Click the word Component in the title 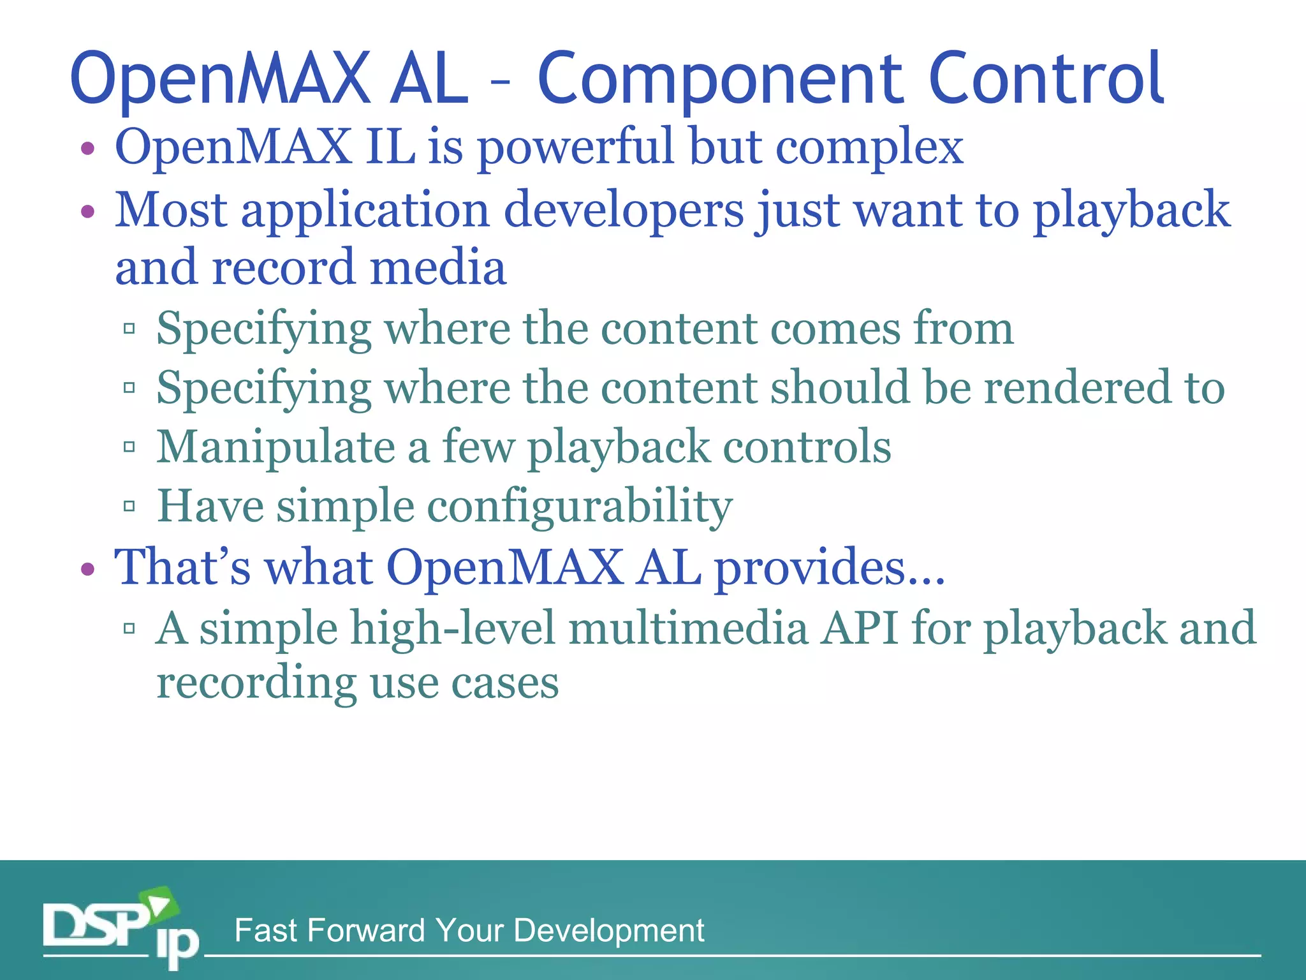(x=721, y=80)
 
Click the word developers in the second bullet (x=624, y=211)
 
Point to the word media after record (x=438, y=268)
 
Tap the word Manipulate (x=275, y=448)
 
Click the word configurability (x=579, y=507)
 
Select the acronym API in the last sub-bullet (x=860, y=628)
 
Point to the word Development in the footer (x=608, y=930)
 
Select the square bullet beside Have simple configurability (x=129, y=507)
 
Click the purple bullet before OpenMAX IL (x=88, y=149)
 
